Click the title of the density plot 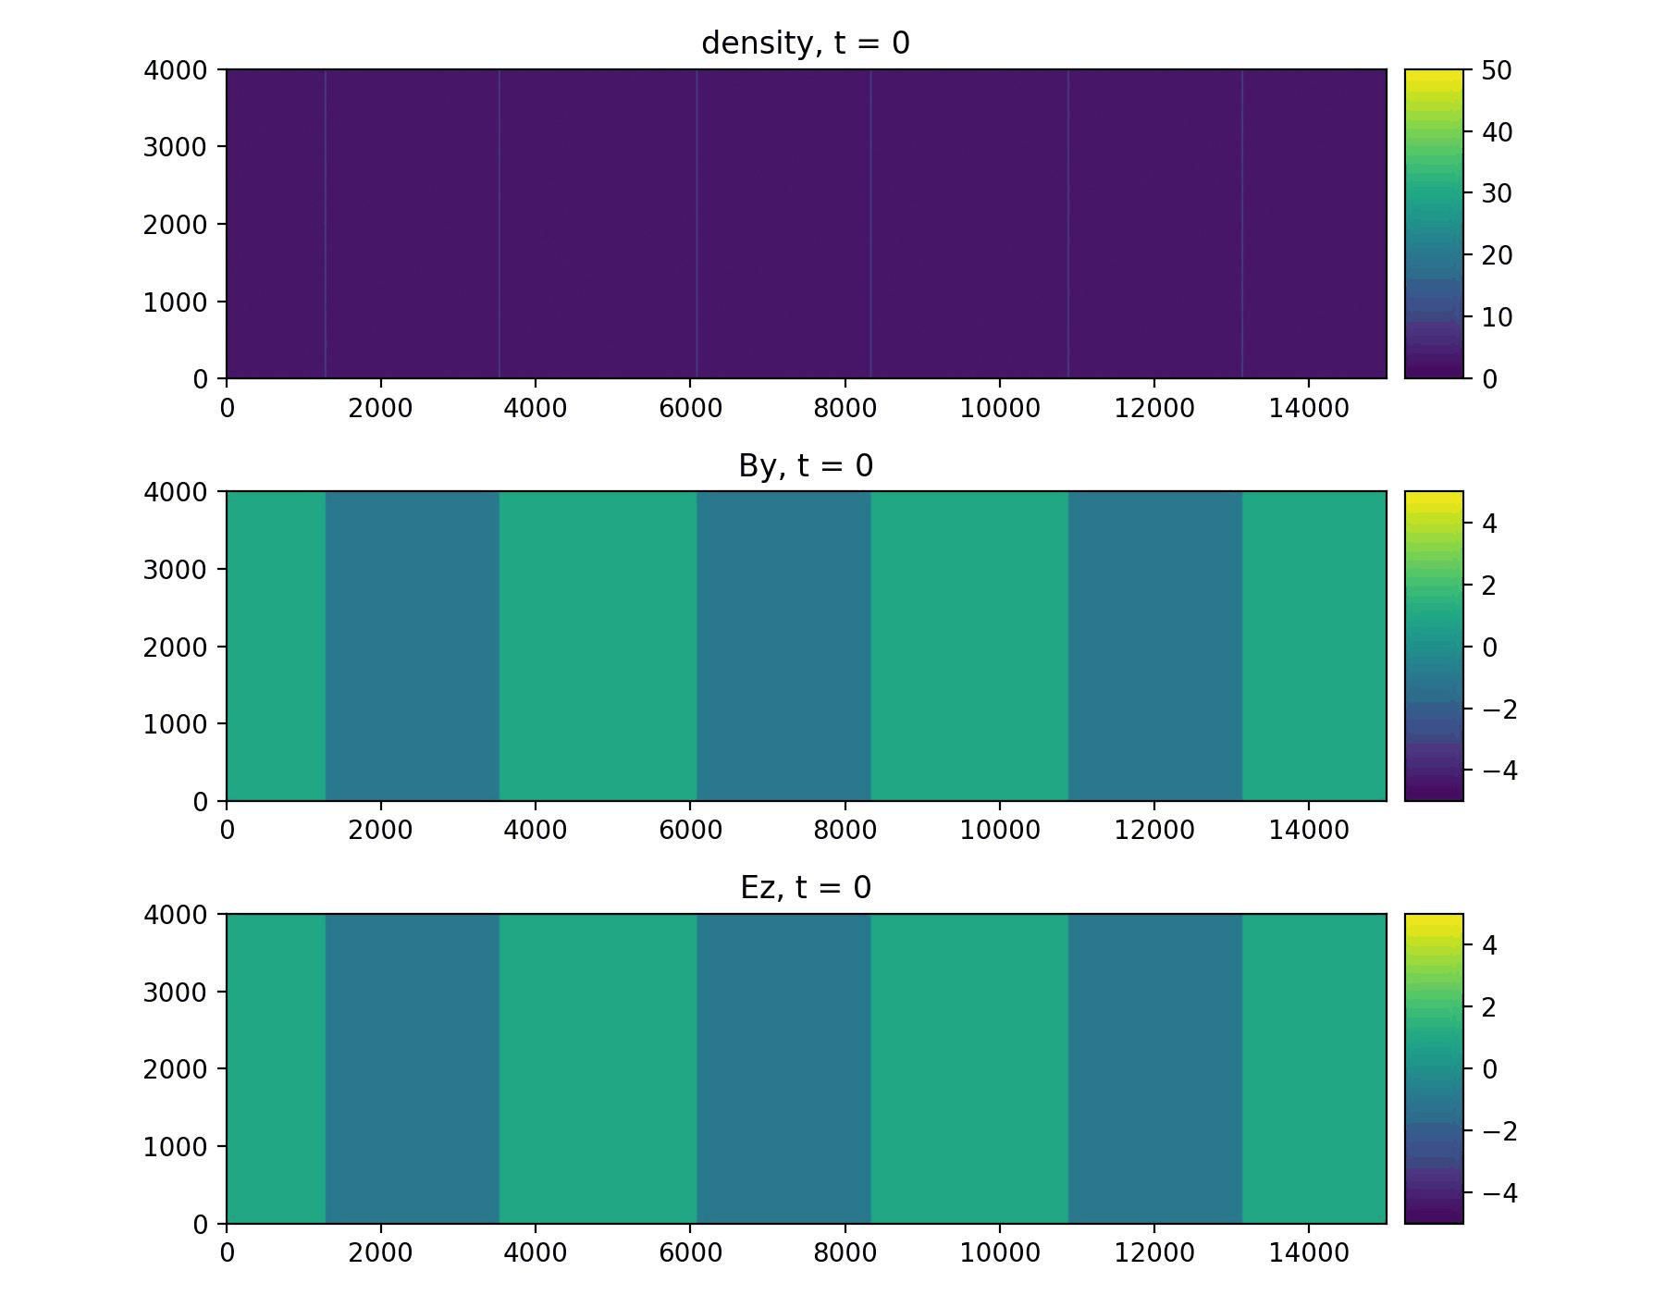(806, 43)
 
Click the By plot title (806, 466)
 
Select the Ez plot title (806, 888)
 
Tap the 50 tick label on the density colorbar (1496, 70)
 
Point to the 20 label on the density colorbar (1496, 255)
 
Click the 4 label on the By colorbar (1489, 524)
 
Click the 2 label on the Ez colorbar (1489, 1007)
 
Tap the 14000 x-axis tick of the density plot (1309, 408)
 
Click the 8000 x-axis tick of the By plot (845, 830)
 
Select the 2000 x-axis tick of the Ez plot (381, 1252)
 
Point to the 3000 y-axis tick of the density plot (174, 147)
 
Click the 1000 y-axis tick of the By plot (174, 724)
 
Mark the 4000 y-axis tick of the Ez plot (174, 915)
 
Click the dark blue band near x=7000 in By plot (783, 647)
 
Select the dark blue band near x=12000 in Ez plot (1154, 1069)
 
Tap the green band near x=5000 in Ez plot (598, 1069)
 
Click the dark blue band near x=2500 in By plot (413, 647)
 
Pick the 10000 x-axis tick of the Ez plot (1000, 1252)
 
